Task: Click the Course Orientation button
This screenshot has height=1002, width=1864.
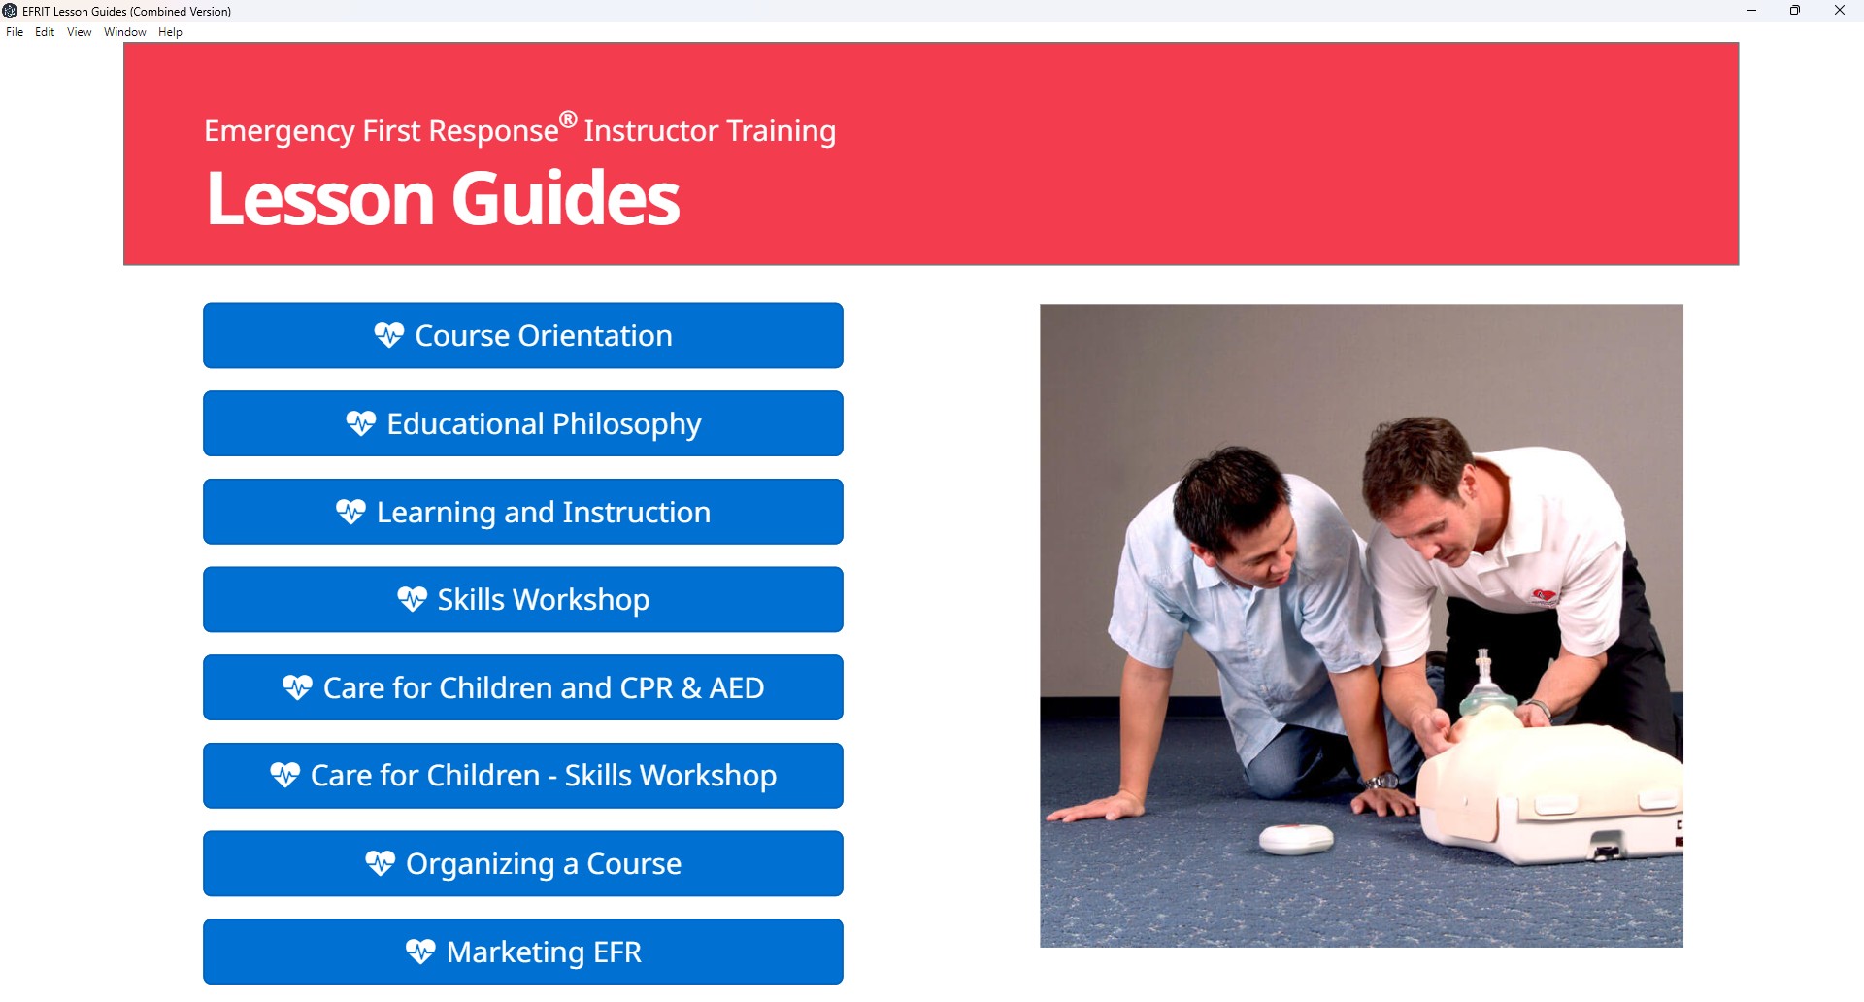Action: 523,336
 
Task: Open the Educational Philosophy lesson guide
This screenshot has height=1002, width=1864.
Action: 523,423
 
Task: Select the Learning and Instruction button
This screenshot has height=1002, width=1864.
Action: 523,512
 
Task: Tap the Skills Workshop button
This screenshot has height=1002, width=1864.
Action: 523,600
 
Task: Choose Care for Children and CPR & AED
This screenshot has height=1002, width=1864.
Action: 523,687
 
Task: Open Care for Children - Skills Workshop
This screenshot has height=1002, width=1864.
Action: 523,776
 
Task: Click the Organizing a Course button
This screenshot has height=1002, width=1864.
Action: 523,864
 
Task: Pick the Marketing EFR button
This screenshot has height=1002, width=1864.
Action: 523,952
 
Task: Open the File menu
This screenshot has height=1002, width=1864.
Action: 15,32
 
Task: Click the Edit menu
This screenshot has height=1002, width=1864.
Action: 45,32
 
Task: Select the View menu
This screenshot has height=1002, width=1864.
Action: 80,32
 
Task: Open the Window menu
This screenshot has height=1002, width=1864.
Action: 125,32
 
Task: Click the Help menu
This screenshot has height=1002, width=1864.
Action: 170,32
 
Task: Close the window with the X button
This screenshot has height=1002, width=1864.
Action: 1840,11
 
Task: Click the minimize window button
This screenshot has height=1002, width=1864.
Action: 1751,11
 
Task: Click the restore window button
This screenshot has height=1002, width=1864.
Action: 1795,11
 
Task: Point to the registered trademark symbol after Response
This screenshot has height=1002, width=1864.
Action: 568,119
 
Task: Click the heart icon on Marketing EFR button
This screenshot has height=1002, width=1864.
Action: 420,952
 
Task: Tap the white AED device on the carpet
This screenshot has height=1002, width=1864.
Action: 1297,838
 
